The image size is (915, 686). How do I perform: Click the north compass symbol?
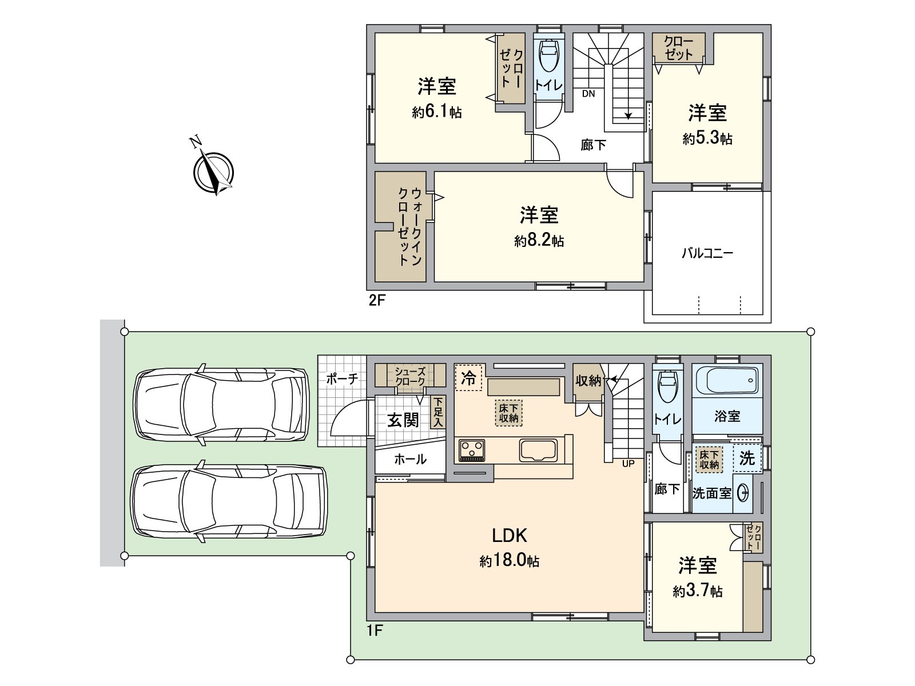(213, 171)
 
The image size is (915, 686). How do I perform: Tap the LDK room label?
(510, 535)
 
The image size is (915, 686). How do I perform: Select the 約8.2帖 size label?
(539, 240)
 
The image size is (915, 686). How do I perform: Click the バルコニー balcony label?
(707, 253)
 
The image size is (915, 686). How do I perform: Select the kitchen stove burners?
(472, 450)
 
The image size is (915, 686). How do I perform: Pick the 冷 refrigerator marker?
(468, 378)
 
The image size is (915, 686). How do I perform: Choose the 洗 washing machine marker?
(747, 458)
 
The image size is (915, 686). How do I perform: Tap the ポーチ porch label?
(342, 378)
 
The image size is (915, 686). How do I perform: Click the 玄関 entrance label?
(403, 420)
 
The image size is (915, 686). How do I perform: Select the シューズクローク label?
(410, 376)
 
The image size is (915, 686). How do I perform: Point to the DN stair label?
(588, 94)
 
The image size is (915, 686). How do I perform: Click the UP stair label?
(628, 464)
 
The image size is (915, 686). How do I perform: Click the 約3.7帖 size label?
(697, 591)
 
